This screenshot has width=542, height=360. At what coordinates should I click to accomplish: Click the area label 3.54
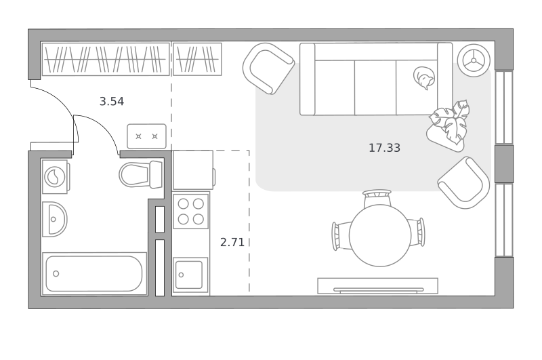(111, 102)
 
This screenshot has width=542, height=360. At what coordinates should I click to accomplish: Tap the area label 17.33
(384, 148)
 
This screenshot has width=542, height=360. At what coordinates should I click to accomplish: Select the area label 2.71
(232, 243)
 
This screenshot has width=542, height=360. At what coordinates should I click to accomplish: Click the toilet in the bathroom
(141, 174)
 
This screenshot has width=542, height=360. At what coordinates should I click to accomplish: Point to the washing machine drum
(55, 177)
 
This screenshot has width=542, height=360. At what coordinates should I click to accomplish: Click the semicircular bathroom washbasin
(55, 219)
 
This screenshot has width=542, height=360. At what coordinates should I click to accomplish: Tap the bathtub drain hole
(56, 273)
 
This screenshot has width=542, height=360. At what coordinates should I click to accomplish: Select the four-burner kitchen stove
(191, 211)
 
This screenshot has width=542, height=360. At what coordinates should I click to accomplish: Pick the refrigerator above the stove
(193, 169)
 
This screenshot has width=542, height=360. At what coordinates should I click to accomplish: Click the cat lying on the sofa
(424, 78)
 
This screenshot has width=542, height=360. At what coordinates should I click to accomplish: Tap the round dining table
(380, 235)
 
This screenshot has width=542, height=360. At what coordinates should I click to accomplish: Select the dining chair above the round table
(377, 198)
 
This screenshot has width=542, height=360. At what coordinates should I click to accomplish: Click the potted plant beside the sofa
(449, 126)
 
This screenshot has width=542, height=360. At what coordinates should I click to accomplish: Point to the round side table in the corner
(474, 60)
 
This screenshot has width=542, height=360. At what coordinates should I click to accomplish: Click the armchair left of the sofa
(268, 68)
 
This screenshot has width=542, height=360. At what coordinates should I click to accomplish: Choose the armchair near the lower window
(464, 182)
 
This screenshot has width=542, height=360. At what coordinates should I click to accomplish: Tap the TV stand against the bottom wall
(378, 285)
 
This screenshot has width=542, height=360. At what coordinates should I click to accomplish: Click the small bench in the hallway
(146, 136)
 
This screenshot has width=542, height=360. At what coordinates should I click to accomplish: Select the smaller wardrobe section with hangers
(197, 59)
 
